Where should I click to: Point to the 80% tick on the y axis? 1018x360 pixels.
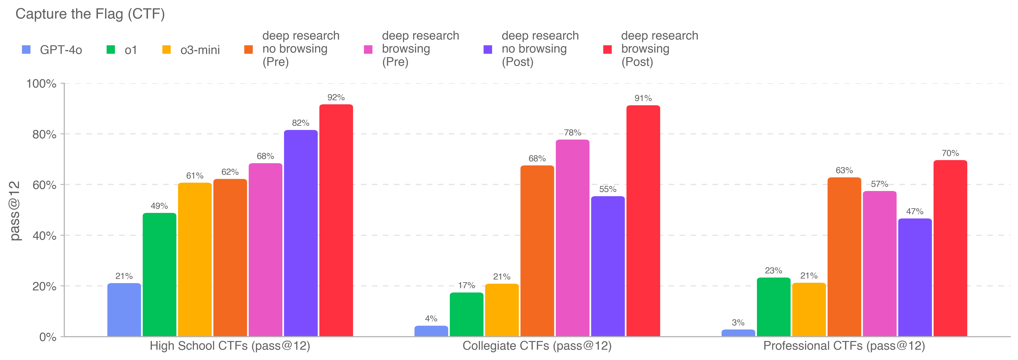coord(44,134)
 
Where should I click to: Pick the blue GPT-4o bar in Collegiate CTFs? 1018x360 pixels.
coord(431,331)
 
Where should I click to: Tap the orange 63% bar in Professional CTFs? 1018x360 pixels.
coord(844,257)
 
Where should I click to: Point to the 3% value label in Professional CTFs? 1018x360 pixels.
coord(738,322)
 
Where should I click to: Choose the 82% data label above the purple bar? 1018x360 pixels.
coord(300,123)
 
